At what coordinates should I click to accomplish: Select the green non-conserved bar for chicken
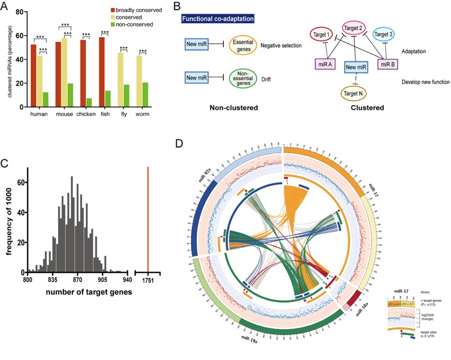point(89,103)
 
